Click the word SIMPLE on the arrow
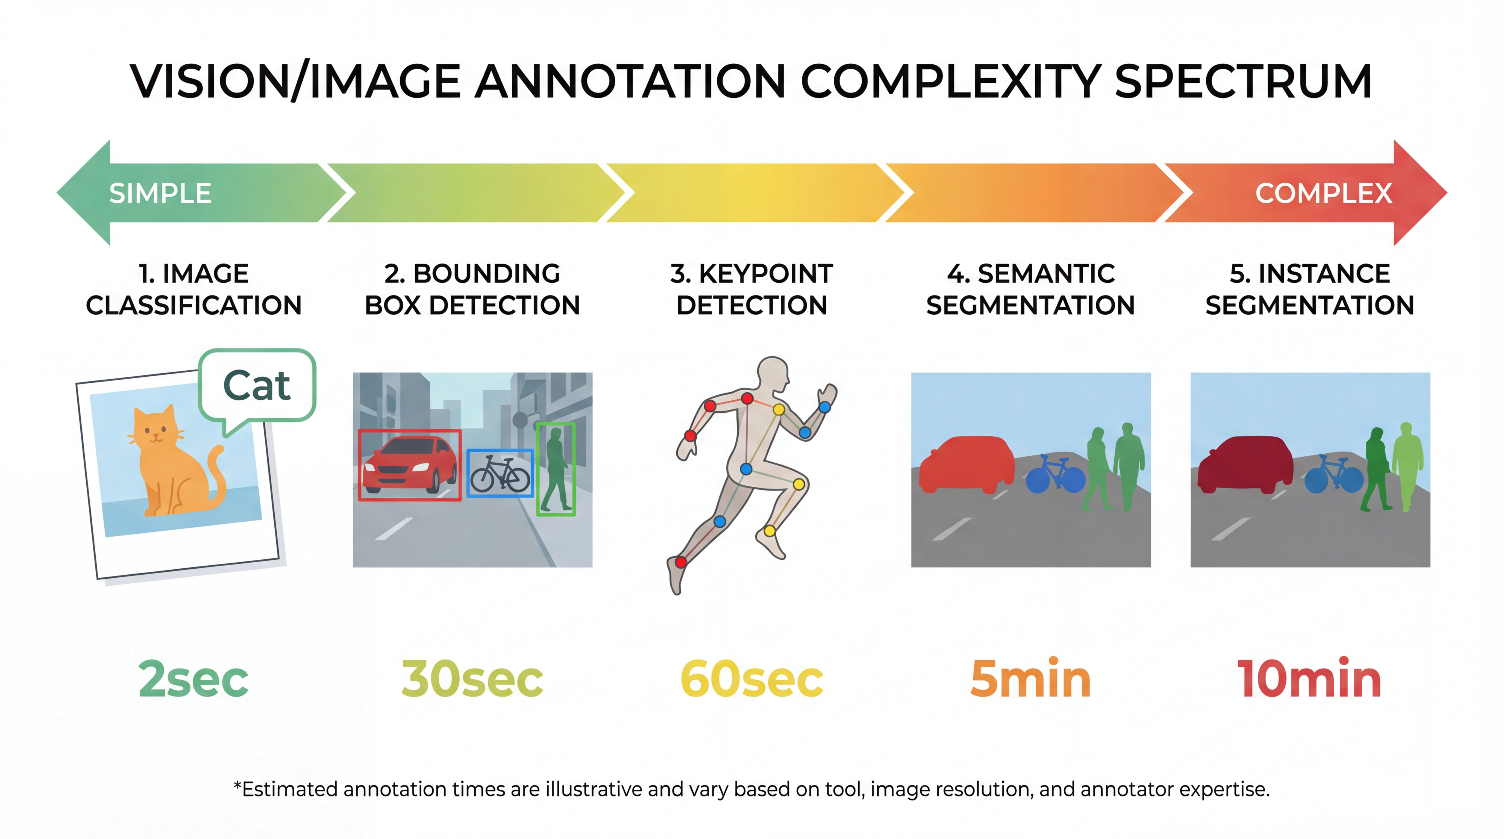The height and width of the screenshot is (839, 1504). coord(160,193)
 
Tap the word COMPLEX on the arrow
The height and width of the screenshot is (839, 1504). coord(1324,193)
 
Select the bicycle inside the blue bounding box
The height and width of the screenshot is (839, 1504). coord(500,474)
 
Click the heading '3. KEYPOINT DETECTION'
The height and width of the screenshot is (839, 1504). coord(752,289)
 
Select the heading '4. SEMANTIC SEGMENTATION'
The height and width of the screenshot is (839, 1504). coord(1030,289)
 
